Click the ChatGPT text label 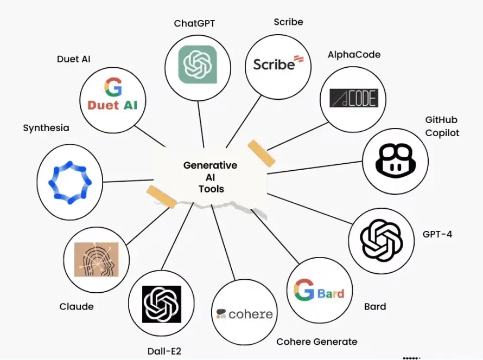click(x=194, y=23)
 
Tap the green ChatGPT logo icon click(x=198, y=65)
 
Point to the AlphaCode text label click(x=354, y=55)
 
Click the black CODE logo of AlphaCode click(x=354, y=98)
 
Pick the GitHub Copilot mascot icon click(x=396, y=161)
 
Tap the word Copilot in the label click(x=442, y=133)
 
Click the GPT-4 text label click(x=437, y=234)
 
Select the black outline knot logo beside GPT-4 click(x=382, y=240)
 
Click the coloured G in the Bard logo click(x=304, y=290)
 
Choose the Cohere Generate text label click(x=316, y=342)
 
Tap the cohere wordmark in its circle click(x=245, y=314)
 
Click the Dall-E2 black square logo click(x=161, y=304)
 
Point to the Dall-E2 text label click(x=164, y=351)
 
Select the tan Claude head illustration click(x=97, y=259)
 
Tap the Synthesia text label click(x=46, y=128)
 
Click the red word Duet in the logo click(x=103, y=105)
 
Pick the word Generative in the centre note click(x=210, y=165)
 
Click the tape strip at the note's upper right click(x=262, y=153)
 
